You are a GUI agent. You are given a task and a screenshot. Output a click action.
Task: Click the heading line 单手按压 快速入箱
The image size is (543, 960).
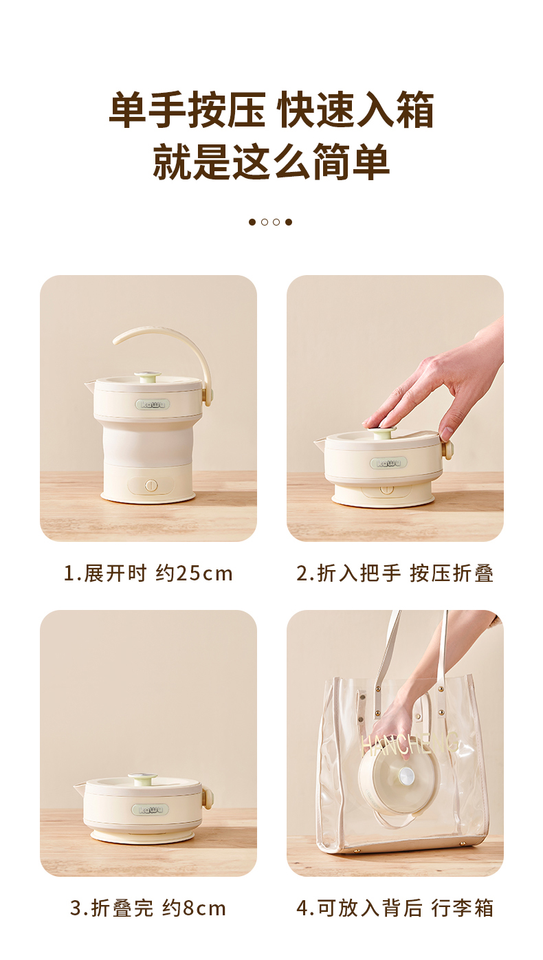pos(271,110)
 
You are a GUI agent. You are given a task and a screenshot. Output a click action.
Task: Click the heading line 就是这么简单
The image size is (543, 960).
pos(271,162)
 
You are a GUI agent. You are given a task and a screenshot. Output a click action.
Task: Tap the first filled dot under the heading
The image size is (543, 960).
pos(252,222)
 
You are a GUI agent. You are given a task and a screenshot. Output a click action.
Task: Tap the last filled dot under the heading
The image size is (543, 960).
pos(289,222)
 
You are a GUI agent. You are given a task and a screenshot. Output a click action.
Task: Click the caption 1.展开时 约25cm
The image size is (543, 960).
pos(148,573)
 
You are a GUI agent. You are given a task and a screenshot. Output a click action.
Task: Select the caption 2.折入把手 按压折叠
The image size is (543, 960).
pos(395,573)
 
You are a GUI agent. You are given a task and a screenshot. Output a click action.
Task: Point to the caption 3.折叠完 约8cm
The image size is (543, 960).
pos(148,908)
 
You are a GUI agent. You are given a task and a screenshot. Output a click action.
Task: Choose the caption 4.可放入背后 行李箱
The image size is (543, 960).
pos(395,908)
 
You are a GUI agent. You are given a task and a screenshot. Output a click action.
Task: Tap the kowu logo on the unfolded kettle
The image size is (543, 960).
pos(152,404)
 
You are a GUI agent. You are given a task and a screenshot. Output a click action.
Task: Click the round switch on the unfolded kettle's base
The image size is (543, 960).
pos(149,486)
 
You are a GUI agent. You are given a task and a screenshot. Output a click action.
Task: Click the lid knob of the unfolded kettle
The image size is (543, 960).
pos(147,376)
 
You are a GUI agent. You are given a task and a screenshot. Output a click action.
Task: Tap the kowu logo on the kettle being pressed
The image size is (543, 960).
pos(388,463)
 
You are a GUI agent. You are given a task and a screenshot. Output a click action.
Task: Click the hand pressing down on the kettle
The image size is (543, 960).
pos(440,385)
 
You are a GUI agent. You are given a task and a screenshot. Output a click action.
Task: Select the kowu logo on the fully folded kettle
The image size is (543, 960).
pos(153,809)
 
